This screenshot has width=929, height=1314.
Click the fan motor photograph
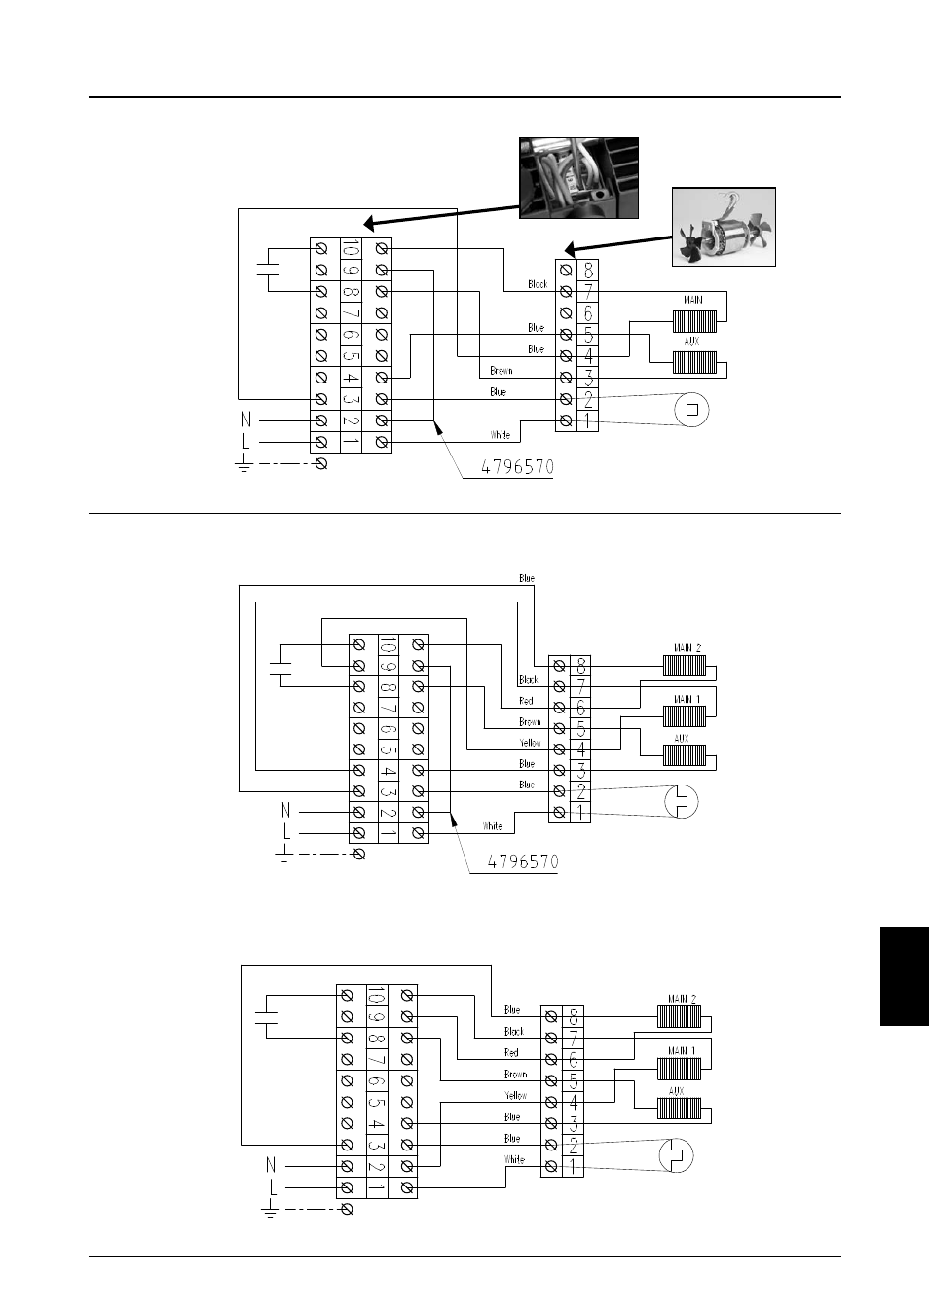(x=724, y=227)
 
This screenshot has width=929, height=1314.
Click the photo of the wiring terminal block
(x=578, y=178)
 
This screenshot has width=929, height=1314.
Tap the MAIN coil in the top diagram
(x=694, y=321)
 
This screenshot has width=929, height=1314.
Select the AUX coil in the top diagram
(x=694, y=362)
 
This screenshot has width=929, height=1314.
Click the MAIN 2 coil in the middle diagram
(x=685, y=666)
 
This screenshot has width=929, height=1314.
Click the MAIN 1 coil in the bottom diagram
(x=679, y=1069)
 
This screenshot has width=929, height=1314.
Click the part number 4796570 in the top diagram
(x=518, y=467)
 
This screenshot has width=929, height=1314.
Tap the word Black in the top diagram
(x=538, y=284)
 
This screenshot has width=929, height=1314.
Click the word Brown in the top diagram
(x=502, y=371)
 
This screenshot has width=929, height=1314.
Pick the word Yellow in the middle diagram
(x=530, y=743)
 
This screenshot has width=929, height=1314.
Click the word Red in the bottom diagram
(x=511, y=1053)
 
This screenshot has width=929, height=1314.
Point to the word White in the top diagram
(x=500, y=435)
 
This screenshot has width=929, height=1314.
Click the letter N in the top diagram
(x=246, y=420)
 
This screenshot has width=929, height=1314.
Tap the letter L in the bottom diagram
(x=273, y=1187)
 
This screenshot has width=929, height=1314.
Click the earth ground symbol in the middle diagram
(x=283, y=855)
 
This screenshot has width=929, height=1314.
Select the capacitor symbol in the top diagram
(x=268, y=270)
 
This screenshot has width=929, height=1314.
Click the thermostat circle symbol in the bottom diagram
(x=676, y=1155)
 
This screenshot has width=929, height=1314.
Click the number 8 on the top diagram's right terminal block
(x=588, y=271)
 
